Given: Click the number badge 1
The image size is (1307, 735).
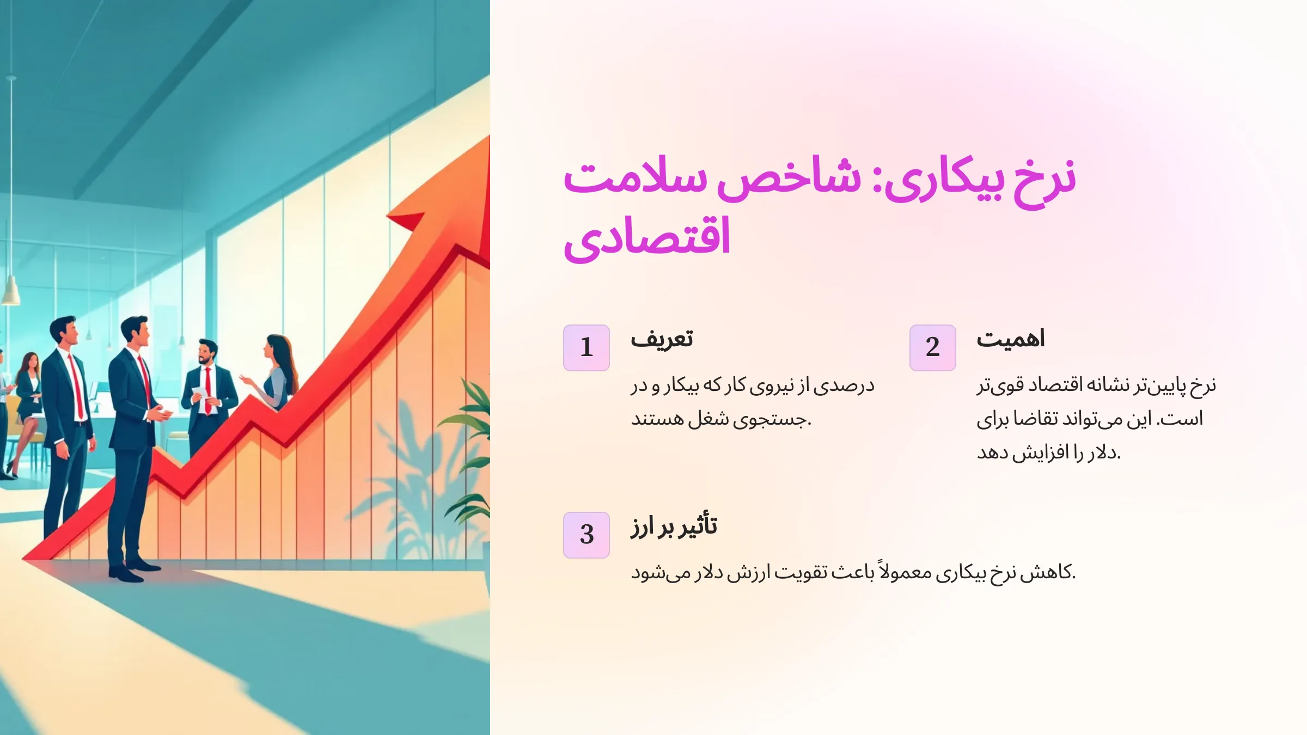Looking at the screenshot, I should click(586, 347).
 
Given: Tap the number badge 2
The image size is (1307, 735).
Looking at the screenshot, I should click(932, 347).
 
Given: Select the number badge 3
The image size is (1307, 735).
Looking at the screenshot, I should click(586, 535).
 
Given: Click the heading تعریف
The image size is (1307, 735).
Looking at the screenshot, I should click(662, 339).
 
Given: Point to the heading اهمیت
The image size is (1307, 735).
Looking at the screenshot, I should click(1010, 339).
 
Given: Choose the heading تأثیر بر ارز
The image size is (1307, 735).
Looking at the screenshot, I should click(674, 526).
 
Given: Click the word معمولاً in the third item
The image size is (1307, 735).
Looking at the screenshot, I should click(905, 572).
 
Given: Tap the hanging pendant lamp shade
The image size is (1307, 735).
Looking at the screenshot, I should click(11, 291).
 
